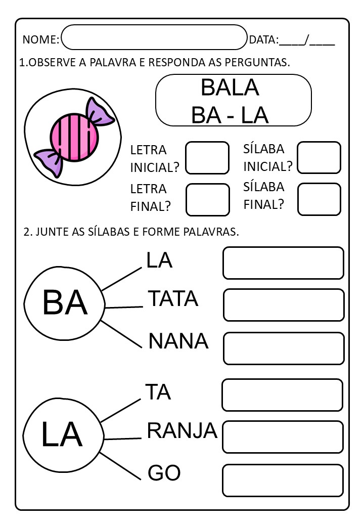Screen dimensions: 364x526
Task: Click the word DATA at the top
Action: pyautogui.click(x=263, y=39)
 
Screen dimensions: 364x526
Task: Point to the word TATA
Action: pyautogui.click(x=173, y=298)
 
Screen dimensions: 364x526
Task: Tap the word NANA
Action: pyautogui.click(x=178, y=341)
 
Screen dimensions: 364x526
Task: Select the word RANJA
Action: pyautogui.click(x=182, y=430)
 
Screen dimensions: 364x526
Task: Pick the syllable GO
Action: pyautogui.click(x=164, y=473)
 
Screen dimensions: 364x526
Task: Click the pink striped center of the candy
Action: pyautogui.click(x=74, y=138)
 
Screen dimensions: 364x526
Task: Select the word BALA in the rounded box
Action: pyautogui.click(x=230, y=87)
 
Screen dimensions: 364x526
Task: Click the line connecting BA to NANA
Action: pyautogui.click(x=121, y=334)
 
